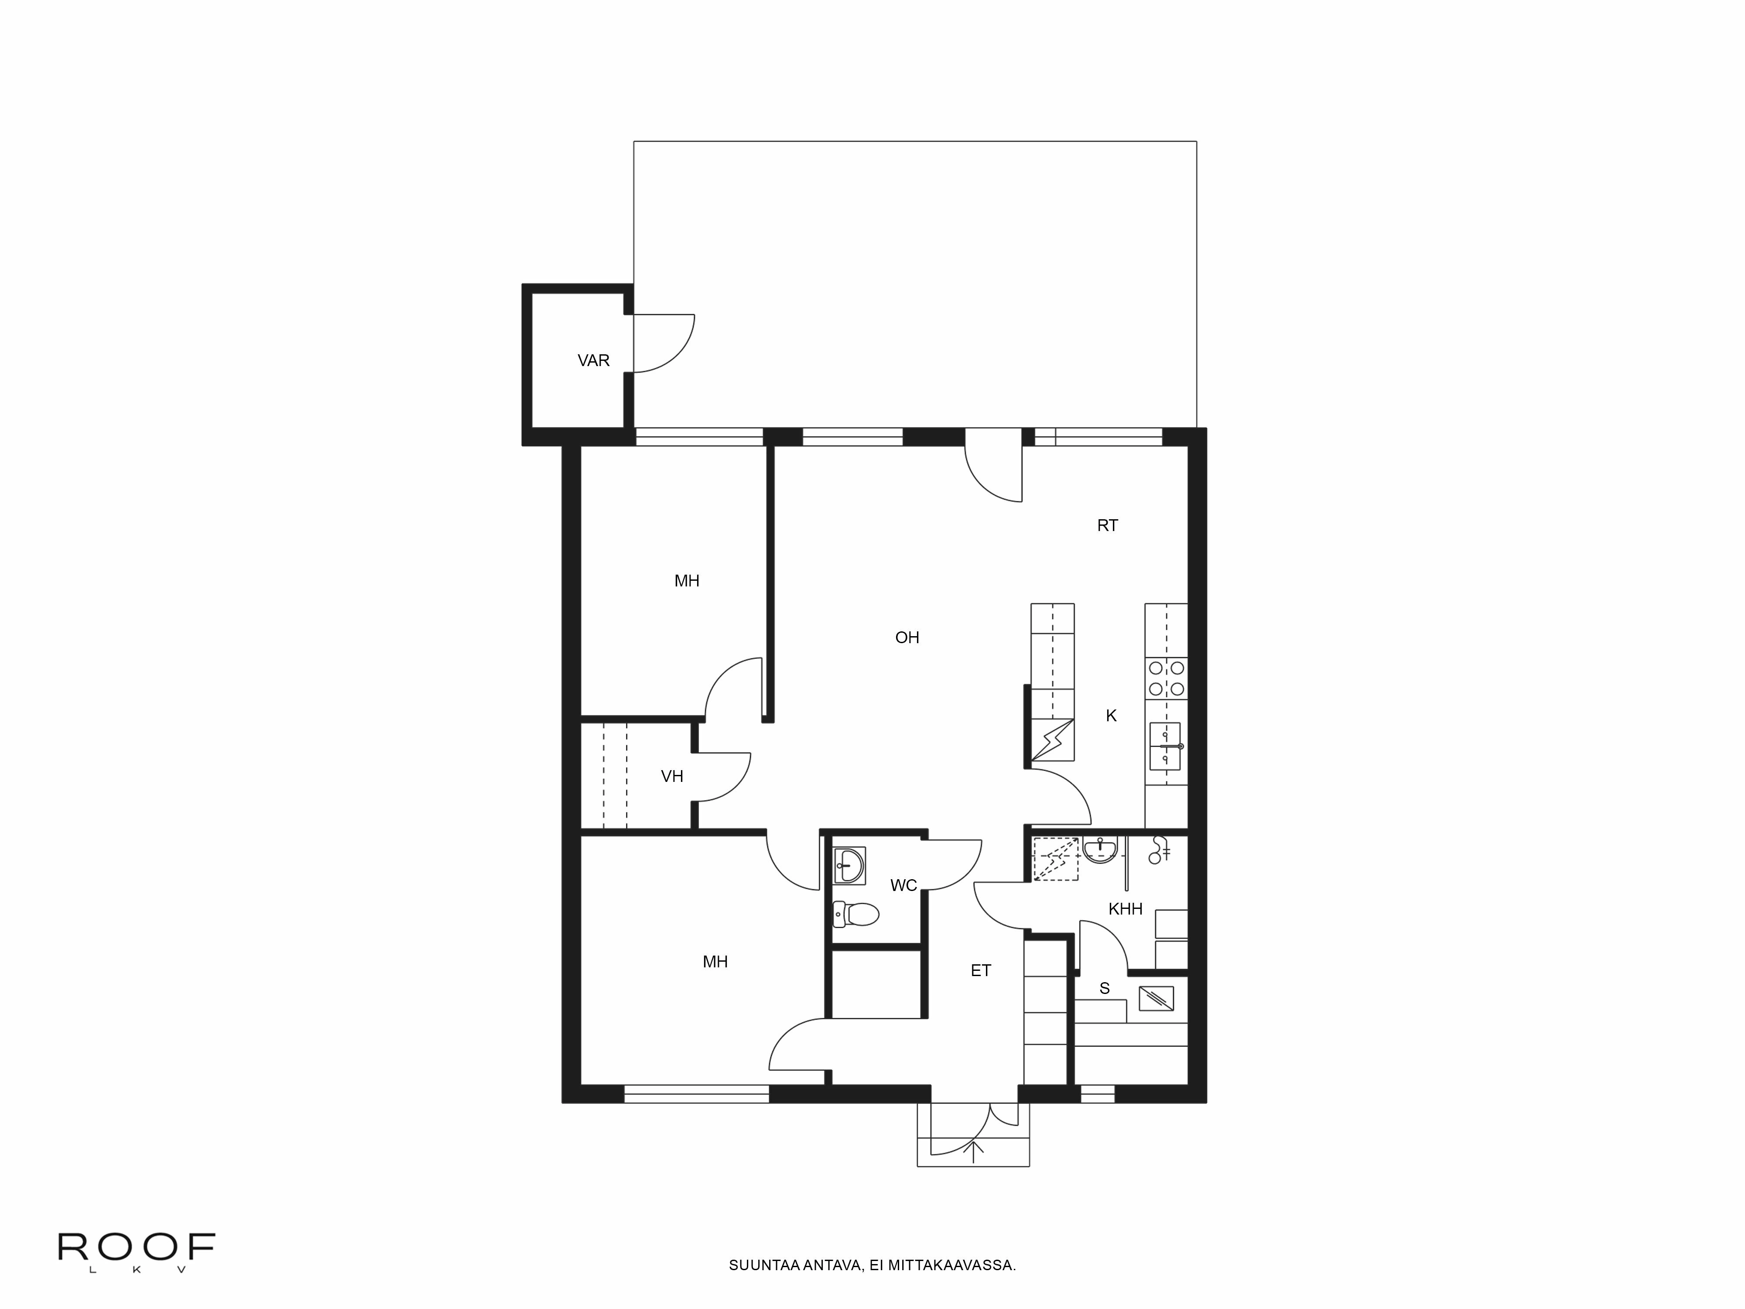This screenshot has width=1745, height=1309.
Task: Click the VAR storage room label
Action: pyautogui.click(x=593, y=360)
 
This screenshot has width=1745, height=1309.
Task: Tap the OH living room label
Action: pyautogui.click(x=907, y=637)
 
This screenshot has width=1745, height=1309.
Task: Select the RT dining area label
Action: pyautogui.click(x=1108, y=525)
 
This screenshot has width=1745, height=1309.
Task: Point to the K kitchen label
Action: pyautogui.click(x=1111, y=716)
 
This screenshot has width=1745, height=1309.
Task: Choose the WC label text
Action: pyautogui.click(x=903, y=885)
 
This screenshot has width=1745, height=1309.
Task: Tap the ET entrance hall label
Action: pyautogui.click(x=981, y=970)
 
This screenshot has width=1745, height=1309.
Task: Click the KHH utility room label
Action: pyautogui.click(x=1125, y=909)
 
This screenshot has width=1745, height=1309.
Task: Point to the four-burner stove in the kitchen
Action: pyautogui.click(x=1166, y=678)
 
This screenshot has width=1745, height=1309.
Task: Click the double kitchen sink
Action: pyautogui.click(x=1165, y=746)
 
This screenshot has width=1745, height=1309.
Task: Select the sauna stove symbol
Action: pyautogui.click(x=1156, y=998)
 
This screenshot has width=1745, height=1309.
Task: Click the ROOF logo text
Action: pyautogui.click(x=136, y=1247)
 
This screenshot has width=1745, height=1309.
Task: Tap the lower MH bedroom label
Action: pyautogui.click(x=715, y=962)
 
